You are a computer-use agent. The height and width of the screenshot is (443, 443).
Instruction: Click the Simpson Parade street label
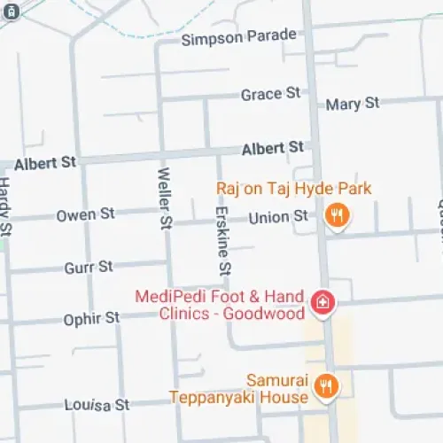238,37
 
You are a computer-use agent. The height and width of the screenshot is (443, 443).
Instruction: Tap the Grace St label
270,94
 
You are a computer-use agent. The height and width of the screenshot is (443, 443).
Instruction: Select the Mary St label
353,104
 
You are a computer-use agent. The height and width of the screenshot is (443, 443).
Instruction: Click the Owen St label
86,214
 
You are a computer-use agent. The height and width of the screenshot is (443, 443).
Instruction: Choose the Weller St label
165,198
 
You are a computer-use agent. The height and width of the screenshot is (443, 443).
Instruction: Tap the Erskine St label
224,234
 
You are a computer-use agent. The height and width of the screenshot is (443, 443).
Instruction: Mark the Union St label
278,217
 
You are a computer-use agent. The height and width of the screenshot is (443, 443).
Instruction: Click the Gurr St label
89,267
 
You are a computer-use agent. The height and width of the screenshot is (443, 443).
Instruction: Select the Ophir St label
91,318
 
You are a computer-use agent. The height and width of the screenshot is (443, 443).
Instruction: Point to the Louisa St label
97,405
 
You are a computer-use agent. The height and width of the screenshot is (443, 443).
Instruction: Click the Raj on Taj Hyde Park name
293,189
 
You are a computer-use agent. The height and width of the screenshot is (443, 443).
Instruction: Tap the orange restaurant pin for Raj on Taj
337,214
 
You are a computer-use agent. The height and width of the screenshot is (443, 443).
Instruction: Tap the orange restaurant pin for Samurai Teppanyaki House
327,386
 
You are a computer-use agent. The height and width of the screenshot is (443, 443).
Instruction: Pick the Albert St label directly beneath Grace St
273,147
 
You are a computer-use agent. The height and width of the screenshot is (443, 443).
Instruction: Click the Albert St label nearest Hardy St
44,162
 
